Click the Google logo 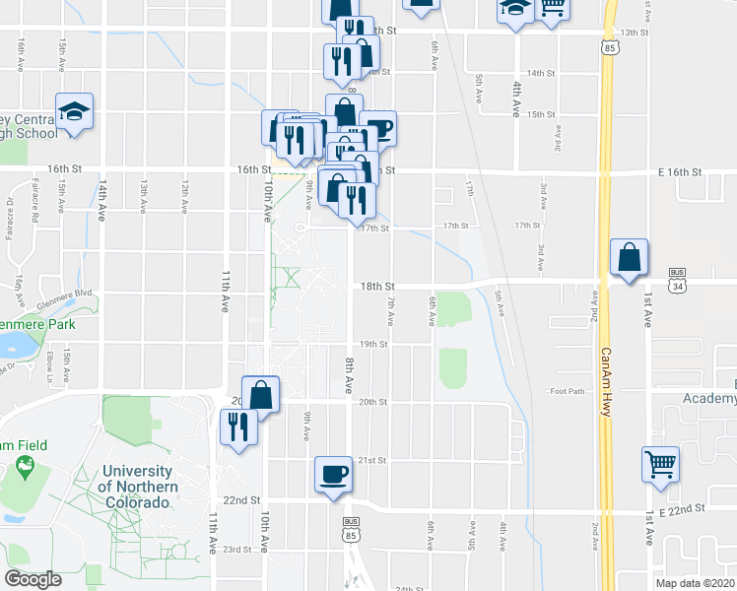(x=33, y=579)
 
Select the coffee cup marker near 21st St (x=333, y=473)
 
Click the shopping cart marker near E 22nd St (x=660, y=463)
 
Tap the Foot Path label (x=568, y=392)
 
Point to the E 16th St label (x=680, y=171)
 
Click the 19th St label (x=372, y=345)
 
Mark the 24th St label (x=408, y=588)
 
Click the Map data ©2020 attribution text (x=696, y=582)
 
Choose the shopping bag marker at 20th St (x=260, y=394)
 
